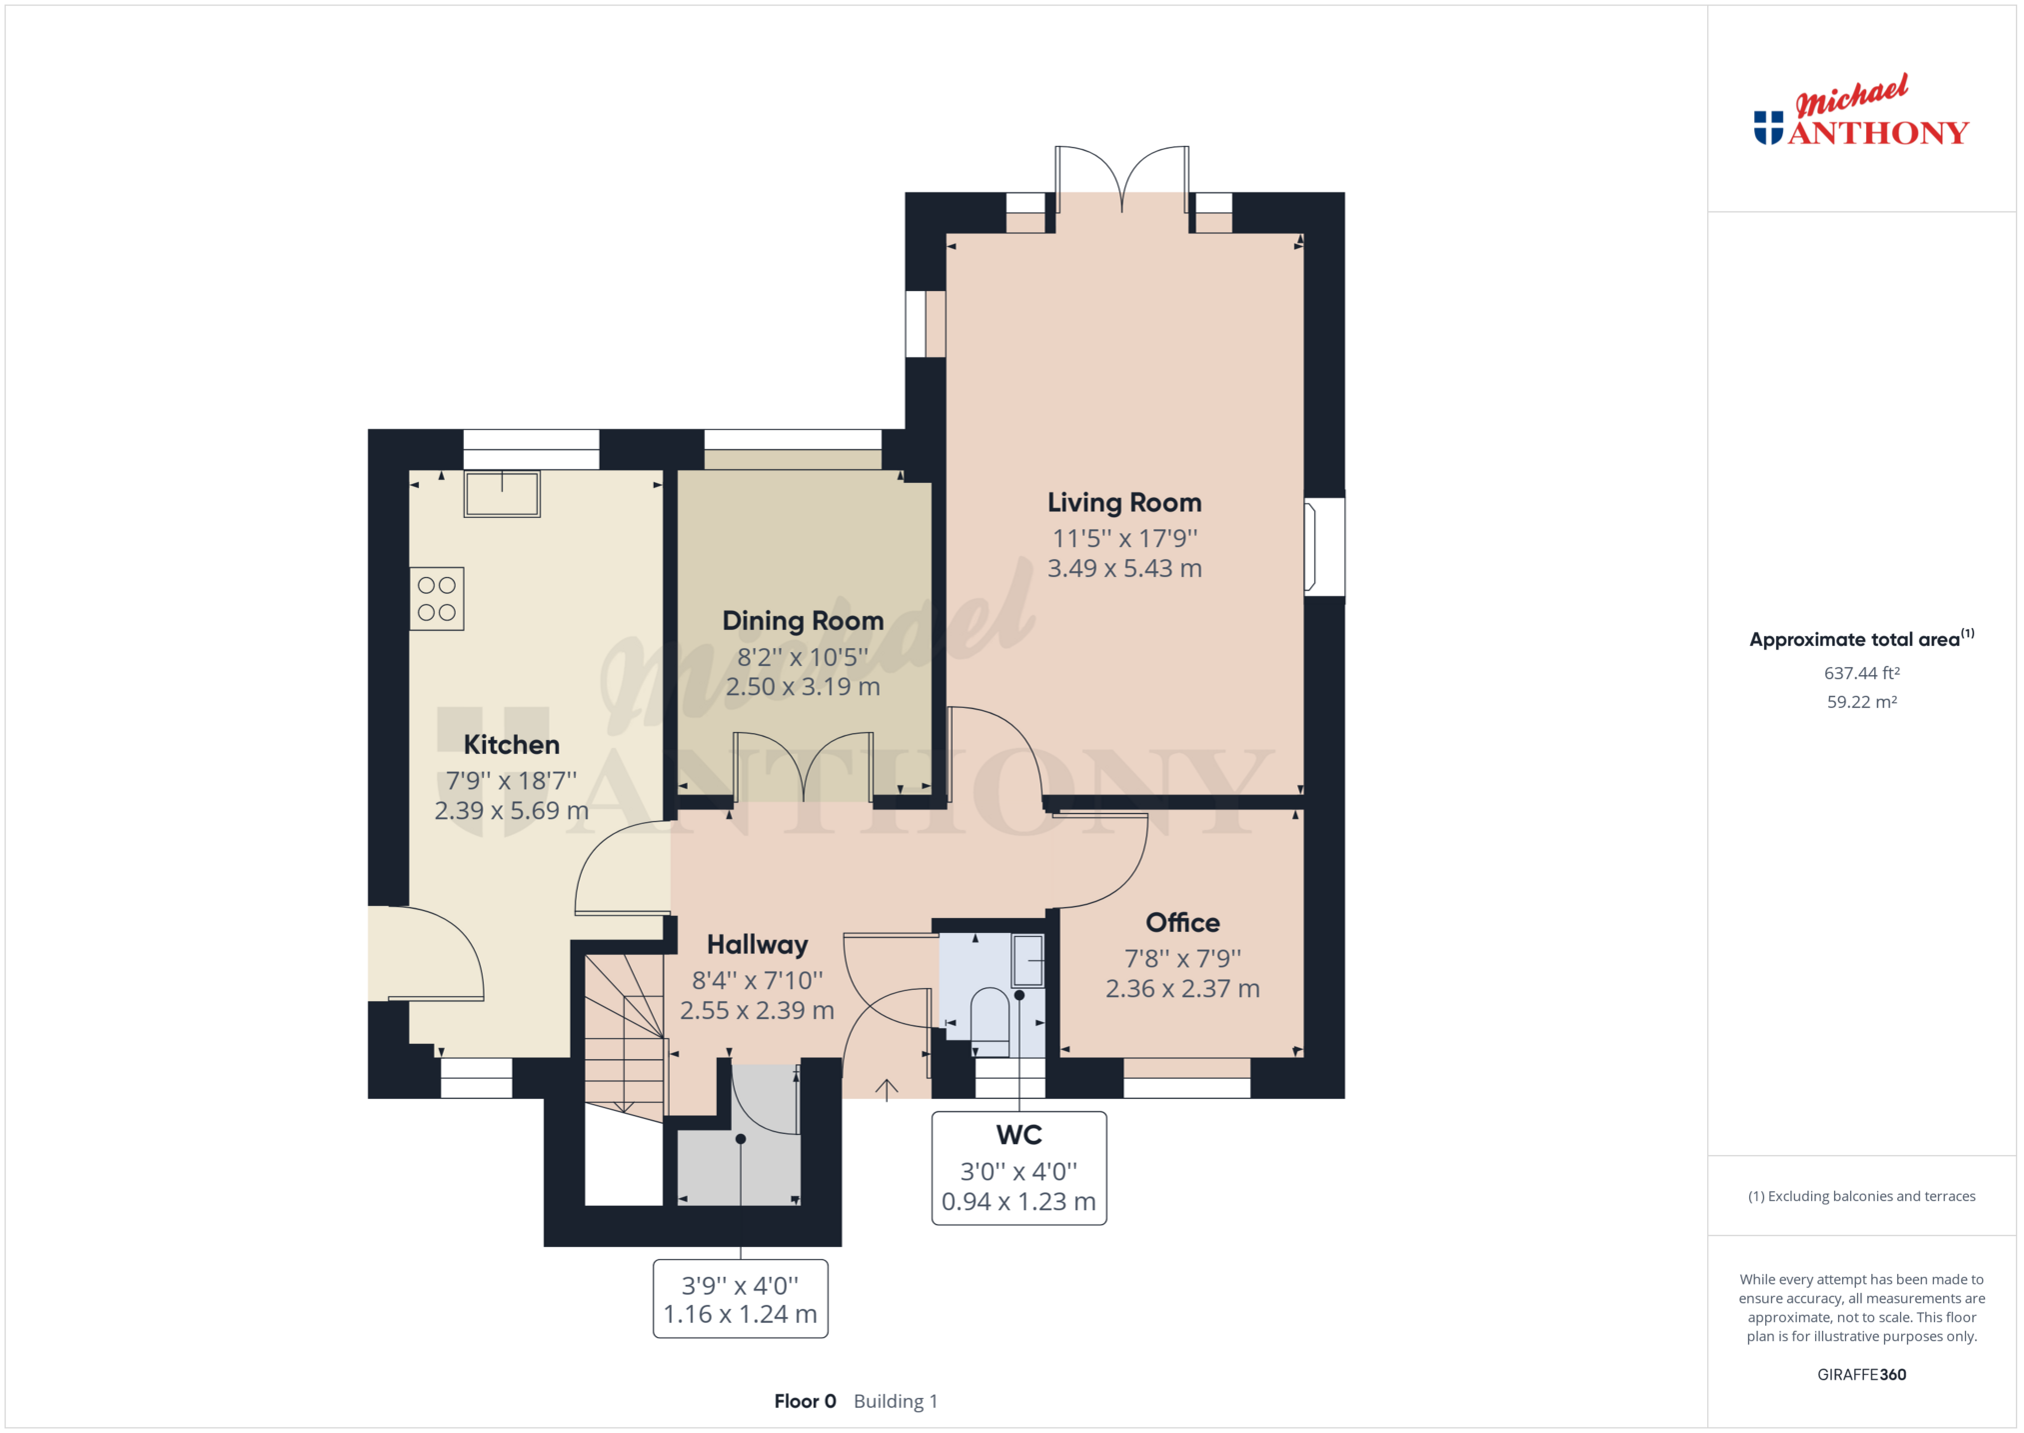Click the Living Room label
[1124, 503]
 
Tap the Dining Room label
[803, 621]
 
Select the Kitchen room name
[511, 745]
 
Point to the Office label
[1182, 923]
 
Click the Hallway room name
[757, 945]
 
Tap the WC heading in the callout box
[1018, 1135]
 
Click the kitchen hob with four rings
[437, 599]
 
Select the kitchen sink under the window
[502, 493]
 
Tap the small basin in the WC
[1028, 960]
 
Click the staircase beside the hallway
[625, 1036]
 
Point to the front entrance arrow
[887, 1090]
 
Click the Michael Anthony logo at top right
[1861, 112]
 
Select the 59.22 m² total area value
[1861, 702]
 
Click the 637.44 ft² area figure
[1861, 674]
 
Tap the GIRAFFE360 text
[1861, 1375]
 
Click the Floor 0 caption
[805, 1402]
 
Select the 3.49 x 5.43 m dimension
[1124, 569]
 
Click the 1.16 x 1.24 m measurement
[740, 1315]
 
